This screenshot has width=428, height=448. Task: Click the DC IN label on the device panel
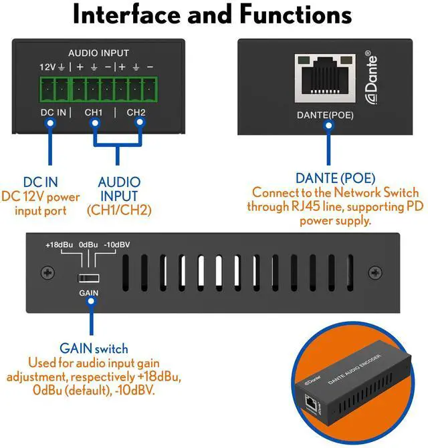[53, 112]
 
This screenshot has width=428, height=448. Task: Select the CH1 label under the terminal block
[94, 112]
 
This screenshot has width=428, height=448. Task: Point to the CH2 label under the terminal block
[136, 112]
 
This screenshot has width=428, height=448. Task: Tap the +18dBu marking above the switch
[59, 245]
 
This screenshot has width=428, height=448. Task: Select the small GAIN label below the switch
[89, 293]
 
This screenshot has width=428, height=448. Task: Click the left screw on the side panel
[46, 272]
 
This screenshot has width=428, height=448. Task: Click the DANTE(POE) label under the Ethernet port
[325, 116]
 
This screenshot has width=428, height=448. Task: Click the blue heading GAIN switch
[94, 349]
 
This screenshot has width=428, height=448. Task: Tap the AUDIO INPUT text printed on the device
[98, 53]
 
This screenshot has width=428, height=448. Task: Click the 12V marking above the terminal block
[47, 67]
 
